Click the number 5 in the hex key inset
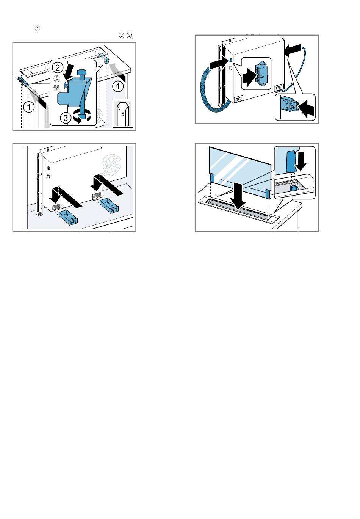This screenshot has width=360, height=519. pos(123,114)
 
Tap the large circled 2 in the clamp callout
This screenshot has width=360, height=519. pos(58,68)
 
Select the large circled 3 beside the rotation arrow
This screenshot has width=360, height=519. pos(66,118)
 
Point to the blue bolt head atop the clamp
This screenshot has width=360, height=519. pos(81,72)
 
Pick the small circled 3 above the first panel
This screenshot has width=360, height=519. pos(129,35)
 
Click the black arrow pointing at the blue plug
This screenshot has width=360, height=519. pos(306,109)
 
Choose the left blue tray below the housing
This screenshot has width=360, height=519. pos(69,218)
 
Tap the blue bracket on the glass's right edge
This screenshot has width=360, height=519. pos(268,194)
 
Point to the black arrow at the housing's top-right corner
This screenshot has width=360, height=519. pos(293,50)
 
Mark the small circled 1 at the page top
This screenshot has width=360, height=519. pos(37,28)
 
